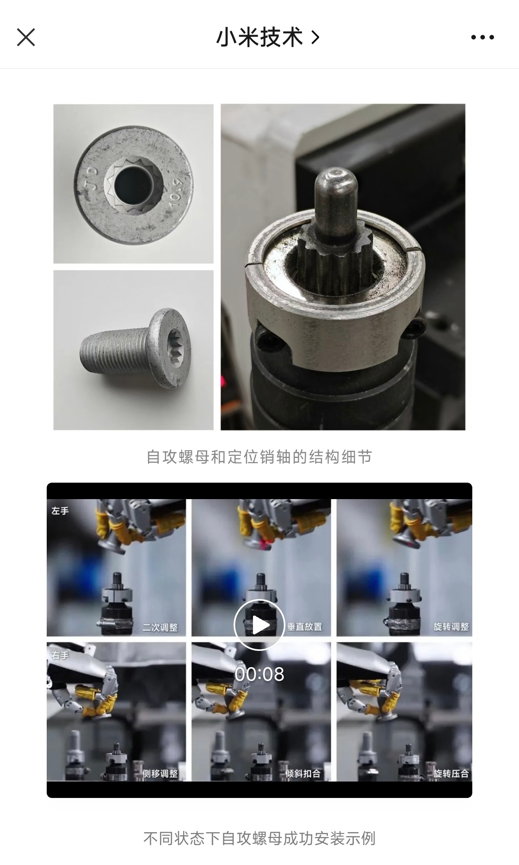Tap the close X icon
tap(26, 37)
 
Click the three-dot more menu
tap(482, 38)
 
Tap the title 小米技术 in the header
tap(259, 38)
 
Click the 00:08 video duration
tap(259, 674)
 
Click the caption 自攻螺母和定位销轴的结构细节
tap(259, 457)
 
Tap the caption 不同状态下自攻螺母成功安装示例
tap(259, 838)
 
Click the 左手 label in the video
tap(60, 511)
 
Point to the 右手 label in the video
tap(60, 655)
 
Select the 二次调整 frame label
tap(160, 627)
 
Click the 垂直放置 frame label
tap(305, 627)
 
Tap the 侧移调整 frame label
tap(160, 773)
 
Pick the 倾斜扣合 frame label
tap(303, 773)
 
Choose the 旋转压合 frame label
tap(452, 773)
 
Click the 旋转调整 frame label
tap(452, 627)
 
